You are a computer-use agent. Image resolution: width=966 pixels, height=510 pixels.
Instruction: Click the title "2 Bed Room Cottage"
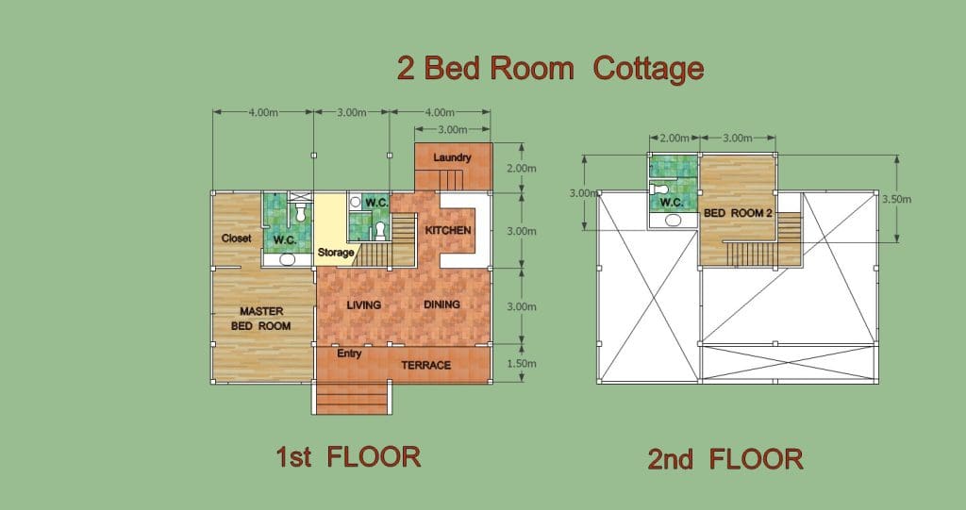point(550,69)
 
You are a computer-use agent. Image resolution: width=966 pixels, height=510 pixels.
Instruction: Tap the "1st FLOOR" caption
point(348,457)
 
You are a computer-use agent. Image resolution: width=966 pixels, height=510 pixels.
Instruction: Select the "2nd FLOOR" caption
point(725,459)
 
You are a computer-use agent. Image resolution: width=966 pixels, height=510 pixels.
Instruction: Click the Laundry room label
point(452,157)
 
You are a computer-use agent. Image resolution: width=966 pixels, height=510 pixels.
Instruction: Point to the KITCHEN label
point(448,230)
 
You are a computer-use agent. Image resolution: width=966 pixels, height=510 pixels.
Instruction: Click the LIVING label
point(363,304)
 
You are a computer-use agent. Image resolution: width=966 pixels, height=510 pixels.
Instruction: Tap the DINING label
point(441,304)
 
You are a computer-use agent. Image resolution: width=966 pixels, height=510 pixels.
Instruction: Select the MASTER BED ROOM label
point(261,319)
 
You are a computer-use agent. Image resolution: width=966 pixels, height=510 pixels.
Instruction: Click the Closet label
point(237,239)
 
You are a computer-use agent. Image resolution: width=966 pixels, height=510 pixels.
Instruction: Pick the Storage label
point(336,253)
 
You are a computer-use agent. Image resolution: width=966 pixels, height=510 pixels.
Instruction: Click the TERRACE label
point(426,365)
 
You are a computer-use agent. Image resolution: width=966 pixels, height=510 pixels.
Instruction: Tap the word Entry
point(349,354)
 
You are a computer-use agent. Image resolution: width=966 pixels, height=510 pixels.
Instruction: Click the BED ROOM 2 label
point(738,213)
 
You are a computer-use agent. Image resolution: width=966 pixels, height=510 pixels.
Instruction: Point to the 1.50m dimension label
point(521,363)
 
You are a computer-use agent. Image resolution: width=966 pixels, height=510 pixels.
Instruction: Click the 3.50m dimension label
point(896,199)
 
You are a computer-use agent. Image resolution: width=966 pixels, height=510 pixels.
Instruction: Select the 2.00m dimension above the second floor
point(674,138)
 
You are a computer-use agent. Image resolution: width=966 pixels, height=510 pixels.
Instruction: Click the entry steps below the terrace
point(352,398)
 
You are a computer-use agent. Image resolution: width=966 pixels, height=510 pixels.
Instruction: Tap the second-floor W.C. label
point(672,202)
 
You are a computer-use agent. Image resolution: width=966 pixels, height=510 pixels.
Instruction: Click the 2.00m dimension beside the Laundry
point(521,168)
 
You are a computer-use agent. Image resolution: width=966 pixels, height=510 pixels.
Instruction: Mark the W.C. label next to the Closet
point(285,240)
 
